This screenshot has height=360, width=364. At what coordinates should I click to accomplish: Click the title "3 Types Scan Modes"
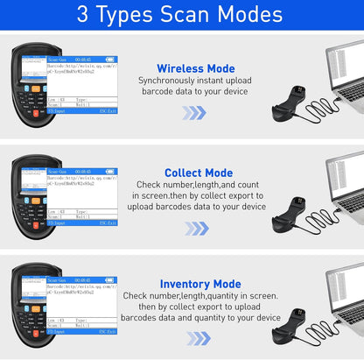tap(182, 15)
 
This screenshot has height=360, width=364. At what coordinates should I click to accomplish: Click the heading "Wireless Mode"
tap(195, 68)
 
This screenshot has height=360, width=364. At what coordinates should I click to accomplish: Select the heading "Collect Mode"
tap(199, 173)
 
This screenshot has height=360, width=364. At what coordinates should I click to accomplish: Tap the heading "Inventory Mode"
tap(200, 284)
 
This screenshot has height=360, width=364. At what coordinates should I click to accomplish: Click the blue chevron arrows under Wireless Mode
tap(194, 113)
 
